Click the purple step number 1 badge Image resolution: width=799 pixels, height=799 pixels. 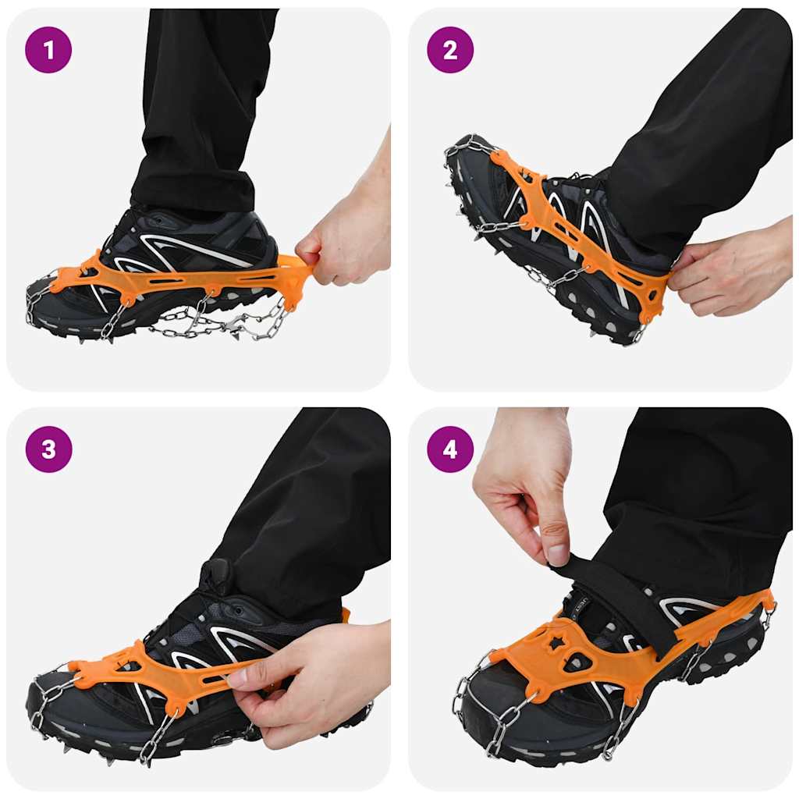click(x=48, y=50)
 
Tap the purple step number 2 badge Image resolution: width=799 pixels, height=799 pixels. click(x=450, y=50)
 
